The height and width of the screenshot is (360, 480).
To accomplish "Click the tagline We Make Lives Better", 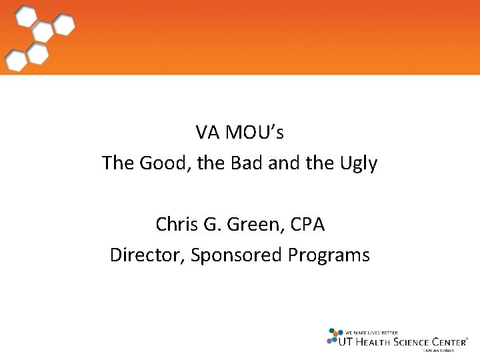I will [371, 332].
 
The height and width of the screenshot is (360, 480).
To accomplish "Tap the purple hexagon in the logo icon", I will [330, 341].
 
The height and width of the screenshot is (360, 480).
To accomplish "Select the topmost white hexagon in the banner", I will [27, 15].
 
